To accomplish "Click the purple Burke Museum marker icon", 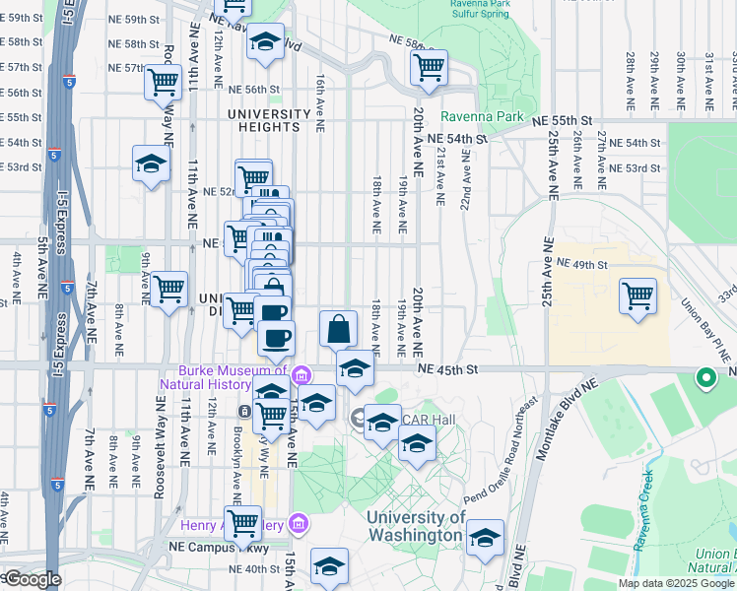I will click(x=301, y=374).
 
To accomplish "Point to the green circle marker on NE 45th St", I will click(x=705, y=377).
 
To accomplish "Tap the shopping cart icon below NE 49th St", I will click(x=637, y=295).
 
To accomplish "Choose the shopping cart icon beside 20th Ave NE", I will click(x=429, y=67).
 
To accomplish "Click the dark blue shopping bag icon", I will click(x=338, y=329).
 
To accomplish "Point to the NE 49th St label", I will click(x=583, y=264).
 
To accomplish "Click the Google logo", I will click(x=32, y=579).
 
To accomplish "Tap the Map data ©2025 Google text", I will click(x=675, y=583).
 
